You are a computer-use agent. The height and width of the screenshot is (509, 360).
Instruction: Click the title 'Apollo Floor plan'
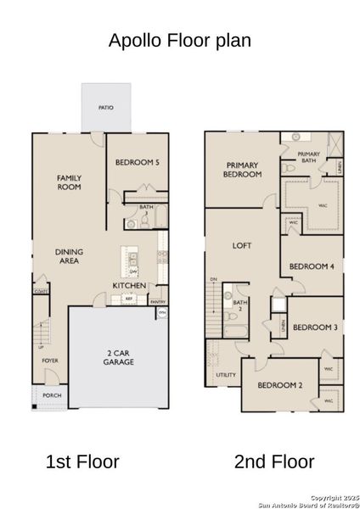180,41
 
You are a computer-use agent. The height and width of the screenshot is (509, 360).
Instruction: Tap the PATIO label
106,108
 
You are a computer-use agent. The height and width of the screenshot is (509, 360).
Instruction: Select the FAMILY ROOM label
69,182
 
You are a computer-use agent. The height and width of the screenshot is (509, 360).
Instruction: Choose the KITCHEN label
130,286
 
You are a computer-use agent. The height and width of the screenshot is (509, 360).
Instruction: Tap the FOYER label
50,361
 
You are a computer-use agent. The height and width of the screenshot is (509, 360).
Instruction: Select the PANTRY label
158,301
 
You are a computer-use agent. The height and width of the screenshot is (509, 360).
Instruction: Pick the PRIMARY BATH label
308,156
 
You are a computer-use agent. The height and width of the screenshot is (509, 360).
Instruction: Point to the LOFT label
243,246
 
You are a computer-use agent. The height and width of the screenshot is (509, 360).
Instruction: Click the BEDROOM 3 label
314,327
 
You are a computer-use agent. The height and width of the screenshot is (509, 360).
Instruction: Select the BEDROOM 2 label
279,385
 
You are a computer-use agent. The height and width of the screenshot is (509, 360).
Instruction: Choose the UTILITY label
226,373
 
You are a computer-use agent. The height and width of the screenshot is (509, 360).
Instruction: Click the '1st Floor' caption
82,461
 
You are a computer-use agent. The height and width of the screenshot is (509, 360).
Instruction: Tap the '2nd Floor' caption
274,461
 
